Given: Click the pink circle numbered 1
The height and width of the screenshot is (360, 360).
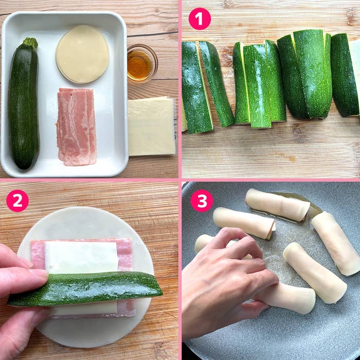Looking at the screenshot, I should pos(200,19).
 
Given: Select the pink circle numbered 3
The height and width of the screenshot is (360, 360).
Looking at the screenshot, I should pos(202,201).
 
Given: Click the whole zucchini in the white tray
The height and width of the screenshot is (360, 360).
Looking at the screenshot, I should pos(24,105).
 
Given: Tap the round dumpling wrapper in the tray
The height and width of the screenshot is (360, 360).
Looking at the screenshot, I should pos(82,54).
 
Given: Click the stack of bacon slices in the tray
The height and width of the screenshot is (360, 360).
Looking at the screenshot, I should pos(76,126).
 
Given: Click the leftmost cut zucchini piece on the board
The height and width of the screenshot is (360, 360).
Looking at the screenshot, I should pos(196,87).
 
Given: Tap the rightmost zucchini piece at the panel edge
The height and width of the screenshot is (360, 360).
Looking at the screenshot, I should pos(346,75).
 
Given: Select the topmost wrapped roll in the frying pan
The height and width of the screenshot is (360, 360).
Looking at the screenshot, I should pos(278,204).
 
